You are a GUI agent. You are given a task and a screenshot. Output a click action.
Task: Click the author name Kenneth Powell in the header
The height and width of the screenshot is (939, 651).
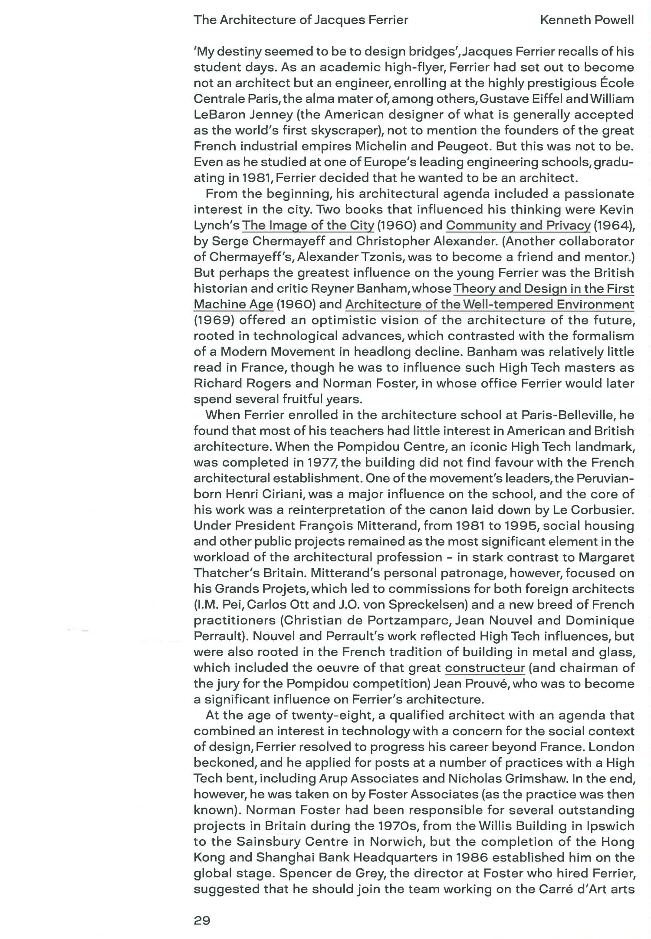(586, 20)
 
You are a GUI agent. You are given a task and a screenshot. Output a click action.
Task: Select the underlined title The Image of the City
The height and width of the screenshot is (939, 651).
(308, 225)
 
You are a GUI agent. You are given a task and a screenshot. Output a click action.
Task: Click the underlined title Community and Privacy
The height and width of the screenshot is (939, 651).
(518, 225)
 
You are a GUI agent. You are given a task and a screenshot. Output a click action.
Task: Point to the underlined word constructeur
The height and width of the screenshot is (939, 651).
(485, 667)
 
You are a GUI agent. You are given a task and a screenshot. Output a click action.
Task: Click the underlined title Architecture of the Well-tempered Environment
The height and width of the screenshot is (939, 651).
(490, 304)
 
